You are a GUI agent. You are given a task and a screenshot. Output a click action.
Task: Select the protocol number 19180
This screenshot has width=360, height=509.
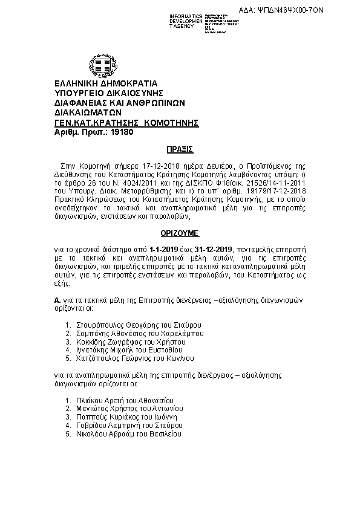coord(122,131)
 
